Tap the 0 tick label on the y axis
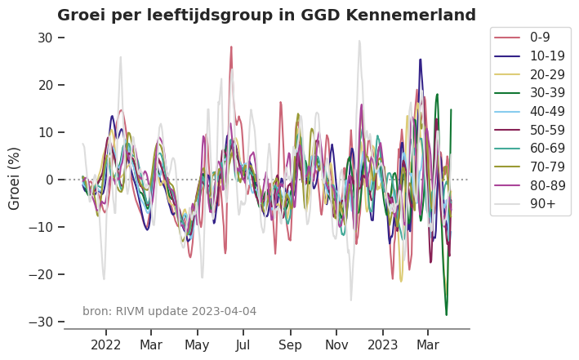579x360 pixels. (49, 180)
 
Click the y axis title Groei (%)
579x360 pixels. (15, 178)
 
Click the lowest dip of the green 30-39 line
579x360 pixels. (446, 314)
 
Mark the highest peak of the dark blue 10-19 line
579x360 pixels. (421, 60)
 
